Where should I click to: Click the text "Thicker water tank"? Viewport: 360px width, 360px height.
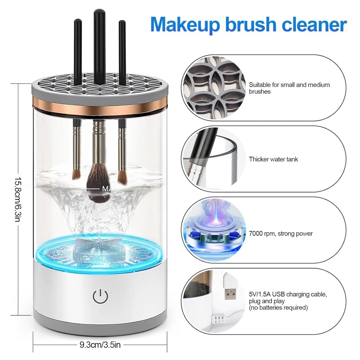[273, 159]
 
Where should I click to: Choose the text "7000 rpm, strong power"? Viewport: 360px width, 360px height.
[280, 234]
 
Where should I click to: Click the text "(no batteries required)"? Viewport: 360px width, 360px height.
[278, 308]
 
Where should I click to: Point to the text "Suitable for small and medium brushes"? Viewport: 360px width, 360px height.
[289, 88]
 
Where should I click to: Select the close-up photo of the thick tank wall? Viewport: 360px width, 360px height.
[214, 159]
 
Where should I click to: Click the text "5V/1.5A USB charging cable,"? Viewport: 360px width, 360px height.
[288, 294]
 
